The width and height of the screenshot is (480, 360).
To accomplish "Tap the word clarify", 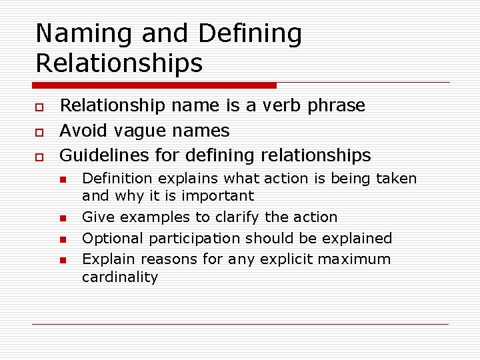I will [244, 217].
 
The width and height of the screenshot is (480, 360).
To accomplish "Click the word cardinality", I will [120, 277].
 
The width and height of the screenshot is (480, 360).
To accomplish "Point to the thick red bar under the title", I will [154, 85].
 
